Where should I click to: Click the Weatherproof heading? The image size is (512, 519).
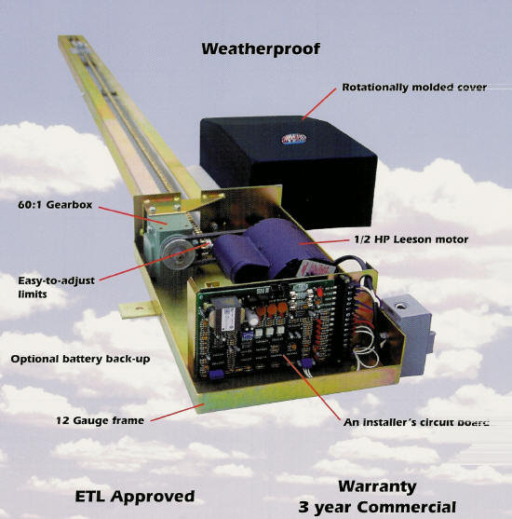click(261, 49)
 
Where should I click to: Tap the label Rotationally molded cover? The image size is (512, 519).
click(414, 87)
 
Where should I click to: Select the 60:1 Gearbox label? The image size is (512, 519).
click(55, 205)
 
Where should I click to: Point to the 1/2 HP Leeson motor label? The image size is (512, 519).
click(411, 239)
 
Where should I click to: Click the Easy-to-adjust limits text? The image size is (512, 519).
click(56, 287)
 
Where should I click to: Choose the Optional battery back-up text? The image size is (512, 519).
click(80, 359)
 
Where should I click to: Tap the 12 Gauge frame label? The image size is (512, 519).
click(100, 420)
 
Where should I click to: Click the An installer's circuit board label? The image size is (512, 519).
click(416, 422)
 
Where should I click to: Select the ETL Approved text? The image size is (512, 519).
click(135, 496)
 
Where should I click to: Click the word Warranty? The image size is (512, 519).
click(377, 486)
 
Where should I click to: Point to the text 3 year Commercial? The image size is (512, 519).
click(377, 507)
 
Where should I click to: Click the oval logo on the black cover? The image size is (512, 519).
click(294, 139)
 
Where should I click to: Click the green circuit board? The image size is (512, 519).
click(264, 328)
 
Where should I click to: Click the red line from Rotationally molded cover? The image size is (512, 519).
click(319, 103)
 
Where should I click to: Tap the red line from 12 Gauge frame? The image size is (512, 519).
click(176, 413)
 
